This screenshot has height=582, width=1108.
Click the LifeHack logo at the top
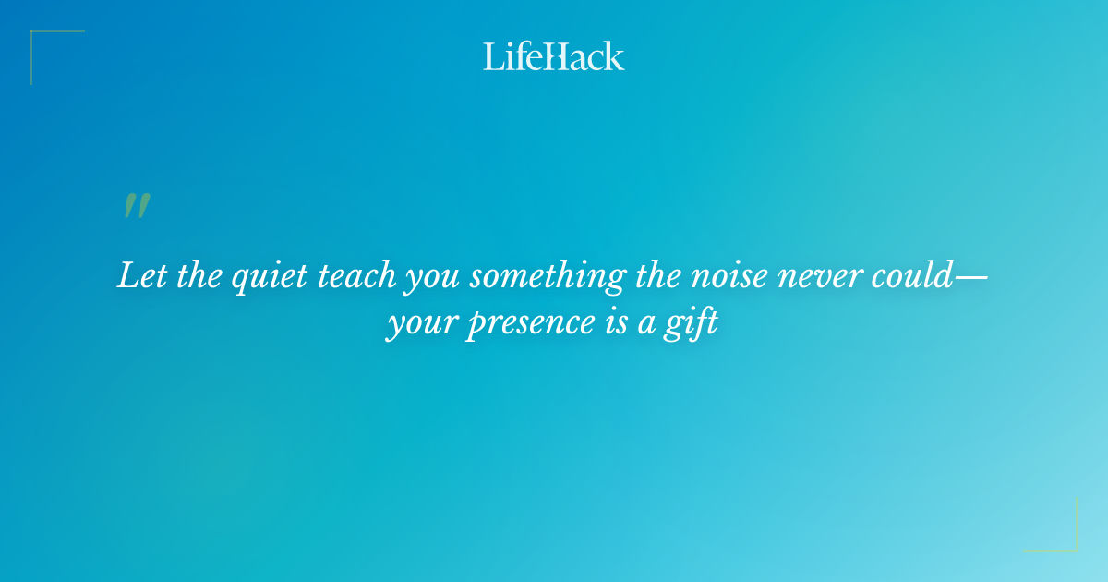coord(554,56)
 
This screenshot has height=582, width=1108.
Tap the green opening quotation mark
coord(137,207)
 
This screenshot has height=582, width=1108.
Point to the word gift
coord(693,325)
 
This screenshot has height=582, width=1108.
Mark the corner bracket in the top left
coord(37,38)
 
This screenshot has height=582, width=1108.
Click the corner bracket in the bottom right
coord(1070,544)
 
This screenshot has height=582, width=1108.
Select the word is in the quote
coord(601,324)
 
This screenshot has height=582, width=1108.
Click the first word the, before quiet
coord(194,276)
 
